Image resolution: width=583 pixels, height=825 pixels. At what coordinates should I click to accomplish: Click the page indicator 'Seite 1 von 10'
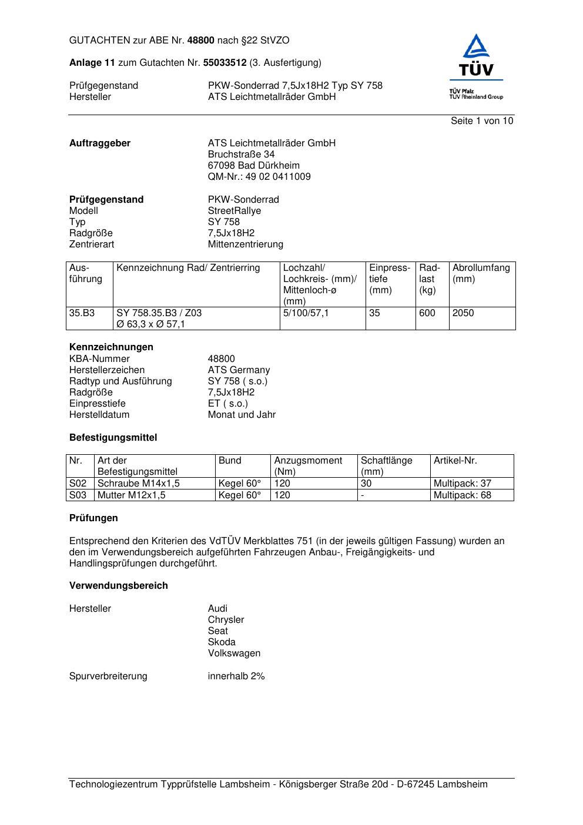click(x=481, y=121)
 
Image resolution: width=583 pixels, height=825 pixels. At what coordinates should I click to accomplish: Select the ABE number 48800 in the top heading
click(x=201, y=41)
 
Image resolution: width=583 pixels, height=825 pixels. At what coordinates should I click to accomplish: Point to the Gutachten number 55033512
click(x=225, y=63)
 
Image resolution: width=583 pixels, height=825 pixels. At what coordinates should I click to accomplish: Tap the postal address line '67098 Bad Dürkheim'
click(x=253, y=166)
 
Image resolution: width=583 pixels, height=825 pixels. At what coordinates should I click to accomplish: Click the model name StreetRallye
click(x=234, y=211)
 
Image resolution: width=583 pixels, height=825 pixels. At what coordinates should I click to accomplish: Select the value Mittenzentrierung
click(x=245, y=244)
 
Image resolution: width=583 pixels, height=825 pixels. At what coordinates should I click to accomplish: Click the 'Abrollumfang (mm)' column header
click(x=481, y=273)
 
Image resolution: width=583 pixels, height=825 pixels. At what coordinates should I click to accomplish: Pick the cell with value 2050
click(x=463, y=313)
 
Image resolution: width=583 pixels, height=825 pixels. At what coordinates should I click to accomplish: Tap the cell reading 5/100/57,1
click(x=306, y=313)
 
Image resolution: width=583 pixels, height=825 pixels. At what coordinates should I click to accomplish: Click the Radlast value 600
click(x=427, y=313)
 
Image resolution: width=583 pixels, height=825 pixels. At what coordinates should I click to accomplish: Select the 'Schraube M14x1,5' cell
click(x=138, y=484)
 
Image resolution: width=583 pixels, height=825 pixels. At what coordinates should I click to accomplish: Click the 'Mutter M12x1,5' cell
click(x=131, y=495)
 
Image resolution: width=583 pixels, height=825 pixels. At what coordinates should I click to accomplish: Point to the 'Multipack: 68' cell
click(x=462, y=495)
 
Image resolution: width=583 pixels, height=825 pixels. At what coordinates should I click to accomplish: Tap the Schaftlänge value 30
click(x=366, y=484)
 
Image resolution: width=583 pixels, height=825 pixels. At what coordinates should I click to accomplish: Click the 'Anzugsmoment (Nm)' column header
click(x=308, y=466)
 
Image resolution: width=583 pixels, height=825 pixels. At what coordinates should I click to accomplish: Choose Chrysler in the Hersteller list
click(x=226, y=620)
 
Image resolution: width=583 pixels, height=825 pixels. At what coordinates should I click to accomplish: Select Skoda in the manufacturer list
click(x=222, y=642)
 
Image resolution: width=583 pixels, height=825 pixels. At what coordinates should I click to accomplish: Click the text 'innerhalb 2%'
click(x=236, y=676)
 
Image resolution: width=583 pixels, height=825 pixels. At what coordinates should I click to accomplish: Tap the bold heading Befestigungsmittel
click(x=113, y=438)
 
